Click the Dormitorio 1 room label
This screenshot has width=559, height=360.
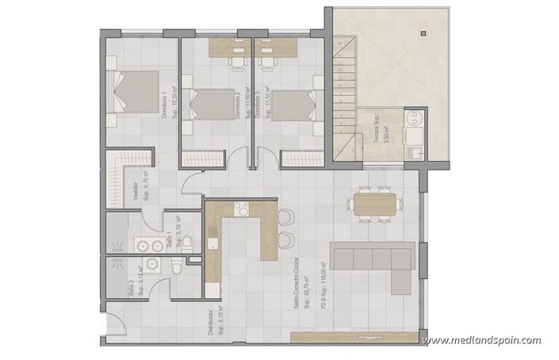coord(163,105)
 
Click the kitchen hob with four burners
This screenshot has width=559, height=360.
coord(240,209)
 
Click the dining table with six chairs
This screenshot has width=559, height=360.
coord(372,203)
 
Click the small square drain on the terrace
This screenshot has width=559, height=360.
coord(424,33)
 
